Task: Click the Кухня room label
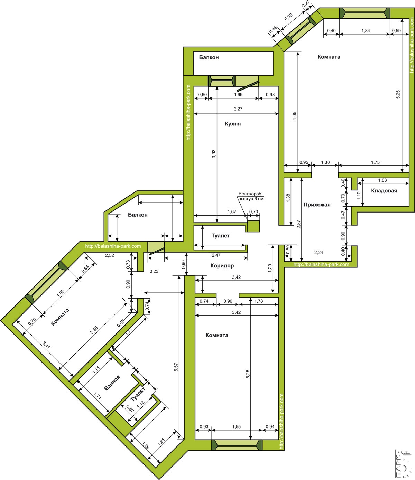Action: click(233, 124)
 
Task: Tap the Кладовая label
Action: click(384, 191)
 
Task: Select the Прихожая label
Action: click(317, 205)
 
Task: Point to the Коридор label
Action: click(222, 266)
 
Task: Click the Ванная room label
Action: click(112, 383)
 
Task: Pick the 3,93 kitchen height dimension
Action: click(214, 154)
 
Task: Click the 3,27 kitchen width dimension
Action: click(238, 109)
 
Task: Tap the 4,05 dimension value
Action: click(294, 116)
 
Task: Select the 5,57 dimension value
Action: click(176, 367)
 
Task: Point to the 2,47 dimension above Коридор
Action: click(216, 255)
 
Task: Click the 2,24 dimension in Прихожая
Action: click(319, 252)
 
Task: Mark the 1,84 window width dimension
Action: click(366, 31)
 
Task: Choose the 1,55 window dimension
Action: click(236, 426)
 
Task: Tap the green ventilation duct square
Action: click(253, 226)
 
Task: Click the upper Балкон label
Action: click(209, 58)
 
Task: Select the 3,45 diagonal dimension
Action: click(94, 330)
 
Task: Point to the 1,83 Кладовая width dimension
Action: click(382, 180)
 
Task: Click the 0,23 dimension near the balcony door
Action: click(154, 271)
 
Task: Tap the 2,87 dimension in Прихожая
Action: click(299, 224)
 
